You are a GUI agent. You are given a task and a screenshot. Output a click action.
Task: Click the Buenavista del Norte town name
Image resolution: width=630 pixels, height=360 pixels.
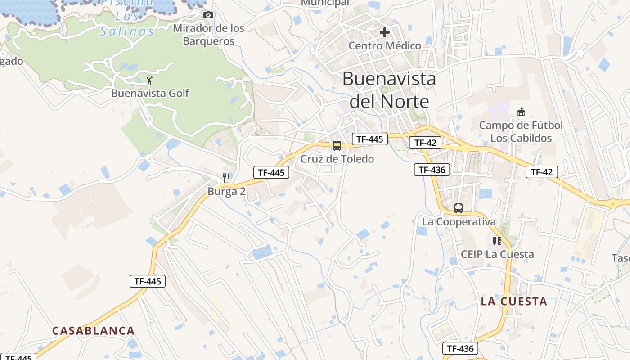(x=389, y=90)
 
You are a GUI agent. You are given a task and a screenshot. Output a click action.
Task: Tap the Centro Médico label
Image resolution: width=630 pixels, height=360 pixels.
(x=385, y=45)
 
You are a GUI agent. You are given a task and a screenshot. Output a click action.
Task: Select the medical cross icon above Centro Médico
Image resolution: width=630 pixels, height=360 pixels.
(x=385, y=32)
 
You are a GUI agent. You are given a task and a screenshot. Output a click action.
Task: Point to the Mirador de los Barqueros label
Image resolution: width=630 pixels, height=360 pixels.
(x=208, y=35)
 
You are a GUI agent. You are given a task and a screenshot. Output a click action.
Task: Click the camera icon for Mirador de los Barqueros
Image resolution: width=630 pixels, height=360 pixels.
(x=208, y=15)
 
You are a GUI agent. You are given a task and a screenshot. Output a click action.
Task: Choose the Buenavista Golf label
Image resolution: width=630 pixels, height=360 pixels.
(x=150, y=93)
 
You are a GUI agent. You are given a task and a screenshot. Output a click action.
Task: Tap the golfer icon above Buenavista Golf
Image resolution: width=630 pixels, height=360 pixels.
(x=150, y=81)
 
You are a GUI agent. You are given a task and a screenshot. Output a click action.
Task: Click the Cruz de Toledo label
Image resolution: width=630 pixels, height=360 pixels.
(x=337, y=159)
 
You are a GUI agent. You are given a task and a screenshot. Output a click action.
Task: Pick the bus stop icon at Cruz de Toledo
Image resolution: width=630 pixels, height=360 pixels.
(x=337, y=146)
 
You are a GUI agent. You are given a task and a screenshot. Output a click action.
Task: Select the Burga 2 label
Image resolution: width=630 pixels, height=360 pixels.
(x=226, y=191)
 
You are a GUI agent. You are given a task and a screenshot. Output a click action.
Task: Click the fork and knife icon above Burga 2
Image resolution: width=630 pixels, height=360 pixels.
(x=226, y=178)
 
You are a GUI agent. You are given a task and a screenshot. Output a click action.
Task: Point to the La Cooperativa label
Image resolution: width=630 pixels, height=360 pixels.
(x=459, y=221)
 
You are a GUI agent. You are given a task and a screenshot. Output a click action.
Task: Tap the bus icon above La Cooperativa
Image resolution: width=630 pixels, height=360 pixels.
(x=459, y=208)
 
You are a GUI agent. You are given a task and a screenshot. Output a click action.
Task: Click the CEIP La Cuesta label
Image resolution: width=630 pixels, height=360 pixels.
(x=497, y=254)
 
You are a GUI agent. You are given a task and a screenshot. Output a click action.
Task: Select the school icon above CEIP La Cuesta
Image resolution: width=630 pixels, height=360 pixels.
(x=497, y=241)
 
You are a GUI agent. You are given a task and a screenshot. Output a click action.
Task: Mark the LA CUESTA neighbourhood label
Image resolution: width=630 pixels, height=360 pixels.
(x=514, y=301)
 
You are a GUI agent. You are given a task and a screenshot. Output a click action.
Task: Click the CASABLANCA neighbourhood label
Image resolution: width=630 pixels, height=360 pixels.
(x=93, y=331)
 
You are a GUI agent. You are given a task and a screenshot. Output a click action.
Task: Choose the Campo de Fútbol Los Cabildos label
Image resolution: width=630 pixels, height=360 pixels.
(x=521, y=131)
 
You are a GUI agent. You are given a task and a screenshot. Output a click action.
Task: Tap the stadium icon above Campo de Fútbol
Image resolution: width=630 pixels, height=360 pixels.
(x=521, y=112)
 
